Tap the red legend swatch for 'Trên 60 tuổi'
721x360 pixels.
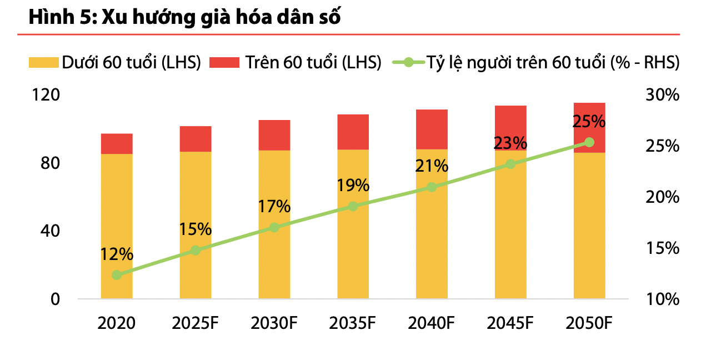click(224, 63)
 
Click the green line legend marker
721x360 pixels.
click(408, 63)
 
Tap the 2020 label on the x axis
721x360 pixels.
click(116, 323)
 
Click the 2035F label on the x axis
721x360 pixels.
click(353, 323)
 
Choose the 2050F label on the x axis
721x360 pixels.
click(589, 323)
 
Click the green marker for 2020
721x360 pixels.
click(117, 275)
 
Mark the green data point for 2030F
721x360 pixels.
click(274, 227)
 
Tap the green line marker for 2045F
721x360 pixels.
click(510, 164)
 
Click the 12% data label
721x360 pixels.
click(117, 254)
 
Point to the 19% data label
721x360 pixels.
click(353, 186)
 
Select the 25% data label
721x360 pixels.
click(589, 121)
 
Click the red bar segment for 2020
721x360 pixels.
click(117, 144)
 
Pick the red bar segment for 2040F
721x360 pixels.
click(432, 129)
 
